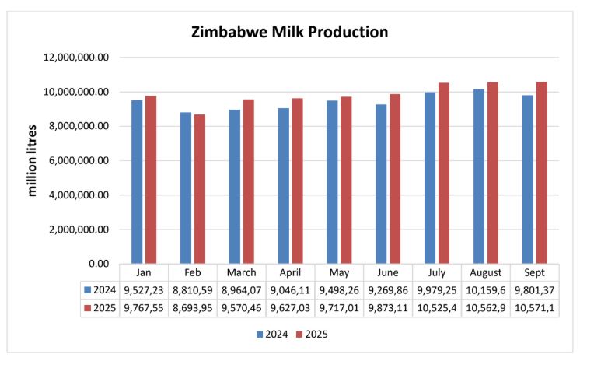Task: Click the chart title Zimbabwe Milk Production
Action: point(289,33)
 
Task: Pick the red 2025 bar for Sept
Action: point(541,173)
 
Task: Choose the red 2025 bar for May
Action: point(346,180)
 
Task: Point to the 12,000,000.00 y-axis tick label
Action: point(75,58)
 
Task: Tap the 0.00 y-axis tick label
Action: point(96,264)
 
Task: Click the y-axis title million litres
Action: point(33,160)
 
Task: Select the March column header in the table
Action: point(241,273)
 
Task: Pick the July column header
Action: point(436,273)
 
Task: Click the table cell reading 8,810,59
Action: point(193,289)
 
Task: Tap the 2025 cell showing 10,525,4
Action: point(436,307)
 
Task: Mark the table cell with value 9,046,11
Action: point(290,289)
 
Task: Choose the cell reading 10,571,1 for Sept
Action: point(534,307)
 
